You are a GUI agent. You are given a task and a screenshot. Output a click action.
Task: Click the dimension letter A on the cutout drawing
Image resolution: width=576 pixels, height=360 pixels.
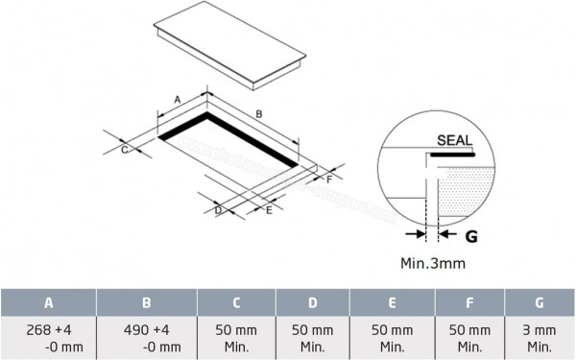(x=177, y=99)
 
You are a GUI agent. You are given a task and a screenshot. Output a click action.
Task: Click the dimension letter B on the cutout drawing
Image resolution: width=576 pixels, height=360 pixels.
(x=257, y=114)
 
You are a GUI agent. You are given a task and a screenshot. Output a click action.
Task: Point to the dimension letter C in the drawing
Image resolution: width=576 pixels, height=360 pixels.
(x=125, y=150)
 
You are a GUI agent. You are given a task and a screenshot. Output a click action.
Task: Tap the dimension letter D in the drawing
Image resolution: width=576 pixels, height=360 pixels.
(x=219, y=209)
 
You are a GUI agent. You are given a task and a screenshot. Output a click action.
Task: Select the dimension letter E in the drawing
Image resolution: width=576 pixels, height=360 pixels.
(x=269, y=209)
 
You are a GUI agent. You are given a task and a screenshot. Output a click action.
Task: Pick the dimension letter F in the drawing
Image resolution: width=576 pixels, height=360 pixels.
(x=328, y=179)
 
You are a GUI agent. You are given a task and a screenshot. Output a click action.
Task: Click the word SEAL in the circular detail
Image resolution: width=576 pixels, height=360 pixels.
(x=454, y=140)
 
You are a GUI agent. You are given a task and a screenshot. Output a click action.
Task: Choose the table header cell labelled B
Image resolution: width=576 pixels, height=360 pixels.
(x=146, y=302)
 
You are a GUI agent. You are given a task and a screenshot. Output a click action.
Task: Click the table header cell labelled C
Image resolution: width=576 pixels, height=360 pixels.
(x=236, y=302)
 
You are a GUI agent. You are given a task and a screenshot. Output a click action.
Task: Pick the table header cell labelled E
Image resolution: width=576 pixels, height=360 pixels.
(x=393, y=302)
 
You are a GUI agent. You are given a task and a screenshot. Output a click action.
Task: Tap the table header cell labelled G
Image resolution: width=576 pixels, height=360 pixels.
(x=540, y=302)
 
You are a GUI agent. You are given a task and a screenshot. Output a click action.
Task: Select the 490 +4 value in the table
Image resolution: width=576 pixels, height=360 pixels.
(x=146, y=329)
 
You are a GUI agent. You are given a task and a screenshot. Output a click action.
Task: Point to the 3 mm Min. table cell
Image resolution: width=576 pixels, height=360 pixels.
(x=540, y=337)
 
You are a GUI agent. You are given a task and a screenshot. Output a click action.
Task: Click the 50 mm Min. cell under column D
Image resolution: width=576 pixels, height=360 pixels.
(x=313, y=337)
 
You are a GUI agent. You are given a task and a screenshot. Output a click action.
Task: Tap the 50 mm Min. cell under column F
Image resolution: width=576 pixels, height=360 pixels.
(x=469, y=337)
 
